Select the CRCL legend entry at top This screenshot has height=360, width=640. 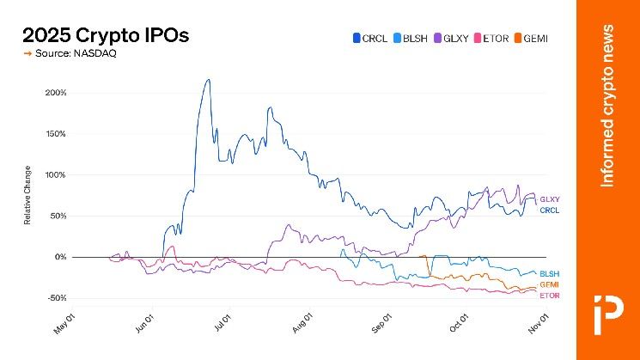[x=369, y=38]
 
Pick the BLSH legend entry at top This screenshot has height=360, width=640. [x=409, y=38]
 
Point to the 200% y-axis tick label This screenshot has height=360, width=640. [x=56, y=92]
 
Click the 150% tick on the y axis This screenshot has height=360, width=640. [x=56, y=133]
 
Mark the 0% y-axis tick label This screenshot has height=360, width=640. [x=60, y=257]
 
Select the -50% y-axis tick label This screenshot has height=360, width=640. [x=56, y=298]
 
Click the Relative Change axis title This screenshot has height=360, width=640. [x=27, y=195]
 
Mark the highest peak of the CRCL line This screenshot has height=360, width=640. [x=208, y=80]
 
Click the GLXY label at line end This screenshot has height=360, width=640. [x=550, y=199]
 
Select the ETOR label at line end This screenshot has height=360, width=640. [x=550, y=296]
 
